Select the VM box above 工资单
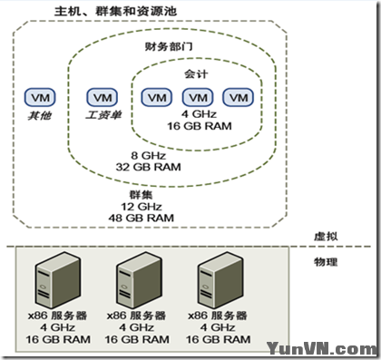(x=98, y=96)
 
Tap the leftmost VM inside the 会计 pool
(x=156, y=97)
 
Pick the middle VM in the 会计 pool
(x=197, y=97)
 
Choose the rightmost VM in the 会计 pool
(x=238, y=97)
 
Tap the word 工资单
(x=98, y=116)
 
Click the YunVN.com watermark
(x=322, y=347)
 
